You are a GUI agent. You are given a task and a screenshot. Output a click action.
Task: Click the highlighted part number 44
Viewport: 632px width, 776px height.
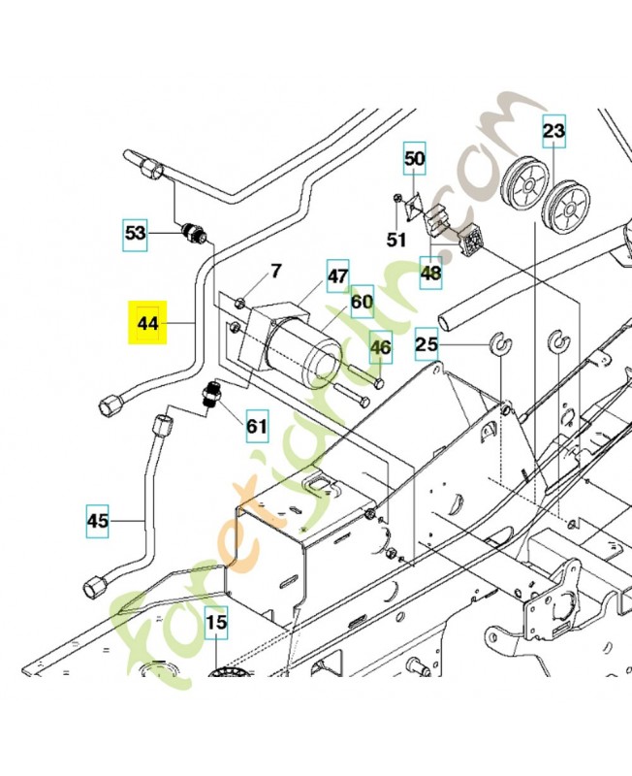148,323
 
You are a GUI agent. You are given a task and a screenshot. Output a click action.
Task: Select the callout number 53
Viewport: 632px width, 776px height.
137,233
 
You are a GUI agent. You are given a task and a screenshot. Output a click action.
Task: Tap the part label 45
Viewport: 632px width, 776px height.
98,521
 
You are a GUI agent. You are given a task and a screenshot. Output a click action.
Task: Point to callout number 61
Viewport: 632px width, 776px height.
256,424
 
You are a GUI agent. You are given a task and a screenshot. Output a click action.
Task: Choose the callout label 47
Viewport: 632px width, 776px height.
336,275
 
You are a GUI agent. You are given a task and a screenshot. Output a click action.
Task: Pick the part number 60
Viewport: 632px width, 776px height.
361,303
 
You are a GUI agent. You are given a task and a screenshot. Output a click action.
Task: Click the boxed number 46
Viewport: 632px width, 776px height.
381,346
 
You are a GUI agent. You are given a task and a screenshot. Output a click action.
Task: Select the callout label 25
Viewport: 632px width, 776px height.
427,343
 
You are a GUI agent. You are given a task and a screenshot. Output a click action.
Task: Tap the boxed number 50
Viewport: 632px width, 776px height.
414,158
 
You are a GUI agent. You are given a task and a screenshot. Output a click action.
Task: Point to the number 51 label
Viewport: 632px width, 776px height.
396,239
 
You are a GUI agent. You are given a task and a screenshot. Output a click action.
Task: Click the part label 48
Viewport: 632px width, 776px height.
430,273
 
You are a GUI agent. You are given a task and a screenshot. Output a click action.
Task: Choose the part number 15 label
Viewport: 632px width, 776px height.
215,622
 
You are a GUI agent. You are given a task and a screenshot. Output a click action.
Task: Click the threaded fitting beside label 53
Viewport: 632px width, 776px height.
194,234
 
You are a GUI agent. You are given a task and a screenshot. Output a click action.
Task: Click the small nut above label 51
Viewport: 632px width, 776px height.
397,201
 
